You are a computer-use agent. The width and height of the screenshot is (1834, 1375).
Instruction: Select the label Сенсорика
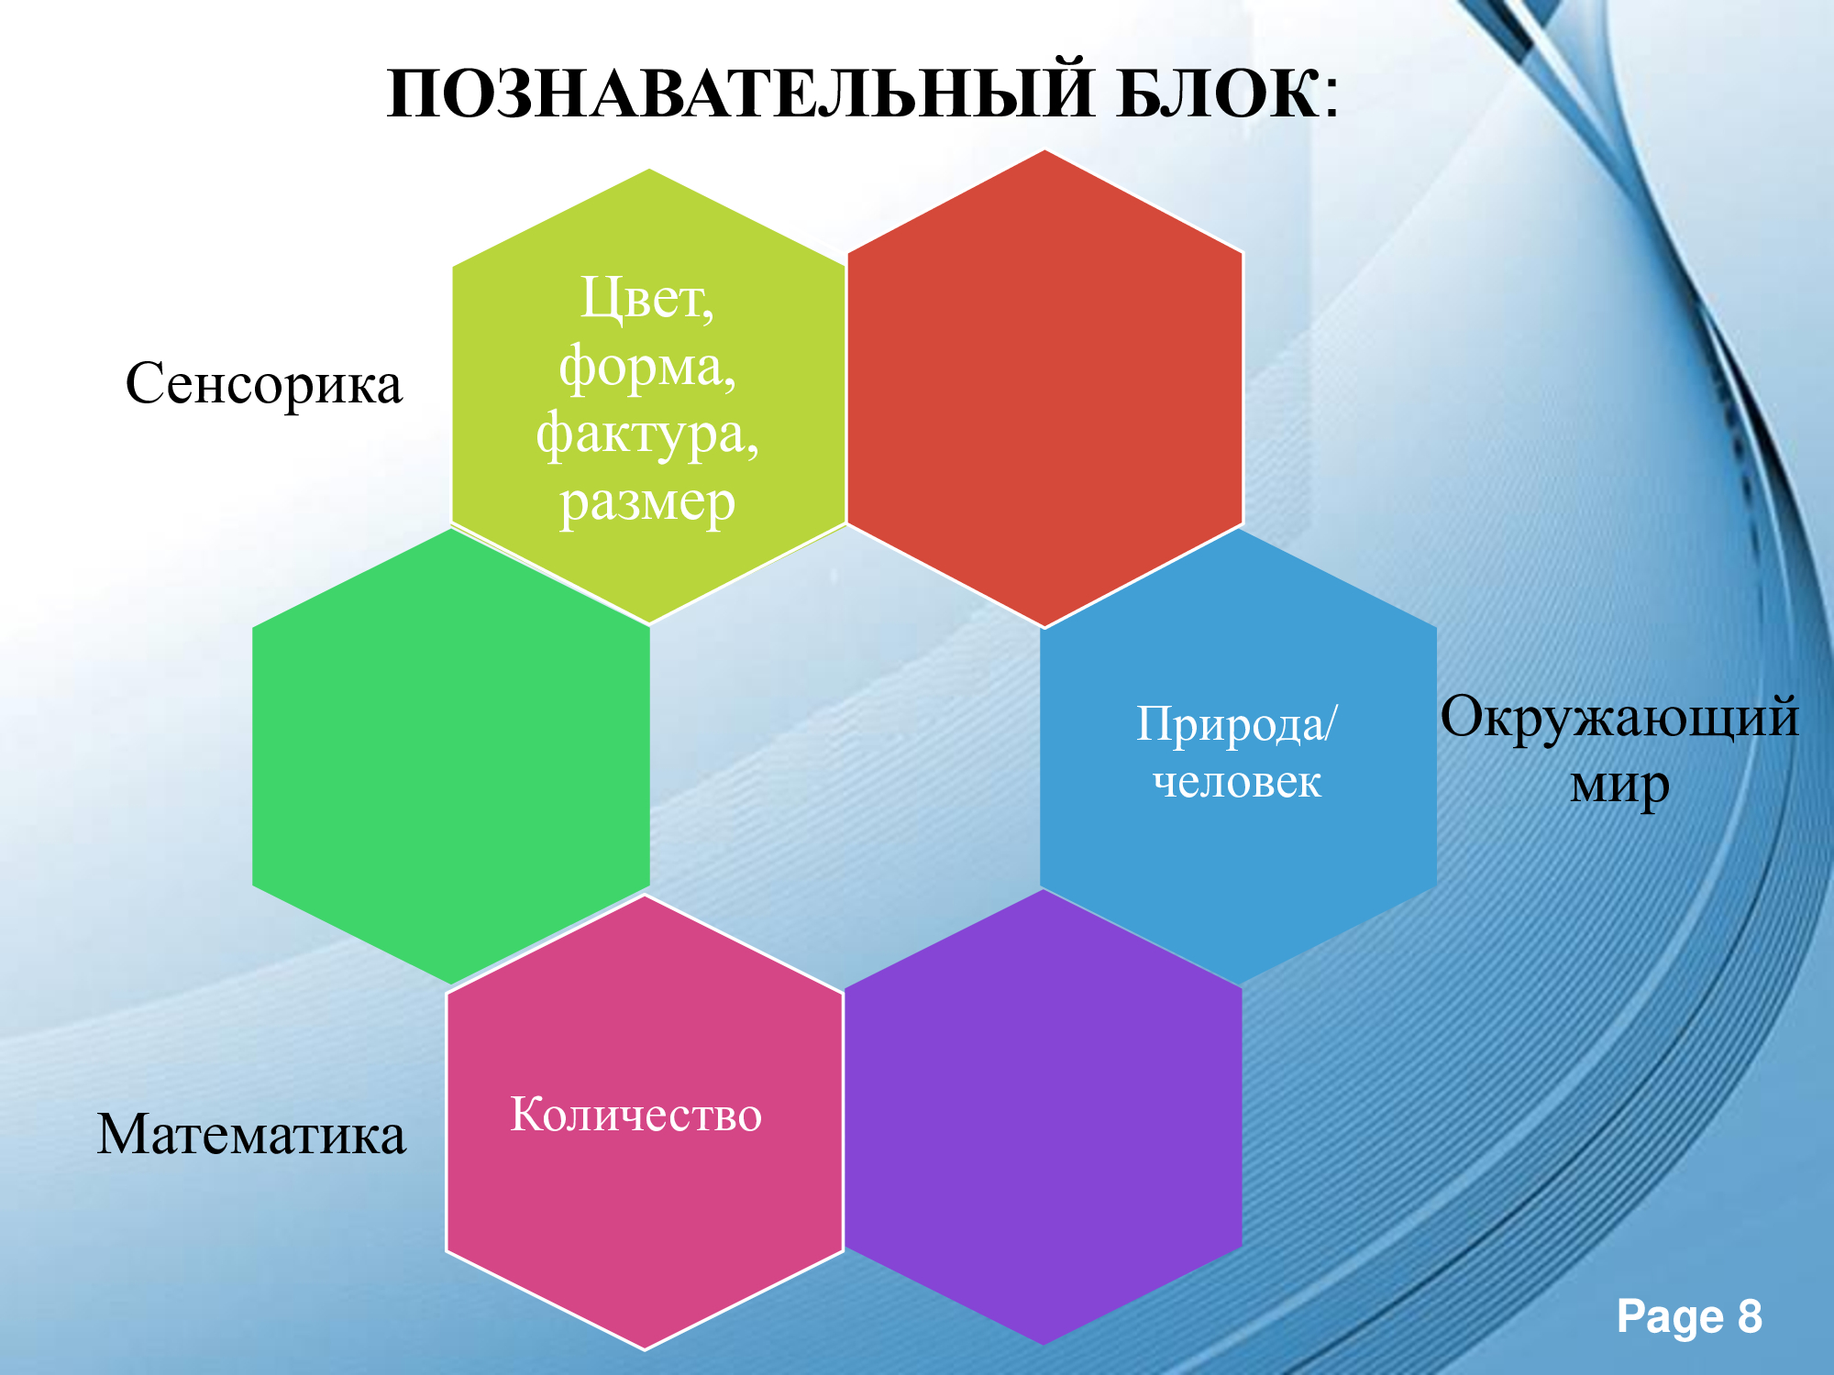(x=264, y=383)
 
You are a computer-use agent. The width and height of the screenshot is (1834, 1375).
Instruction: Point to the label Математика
(x=251, y=1134)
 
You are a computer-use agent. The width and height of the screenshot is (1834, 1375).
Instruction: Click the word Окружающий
(x=1619, y=717)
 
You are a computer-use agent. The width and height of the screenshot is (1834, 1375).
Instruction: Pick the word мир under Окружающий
(x=1619, y=785)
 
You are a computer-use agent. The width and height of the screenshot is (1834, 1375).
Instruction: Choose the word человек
(x=1237, y=782)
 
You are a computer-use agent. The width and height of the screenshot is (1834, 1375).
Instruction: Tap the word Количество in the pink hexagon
(x=635, y=1115)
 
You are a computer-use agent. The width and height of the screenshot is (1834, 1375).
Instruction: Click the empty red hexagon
(x=1044, y=389)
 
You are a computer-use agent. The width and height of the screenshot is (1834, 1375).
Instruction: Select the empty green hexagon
(x=451, y=757)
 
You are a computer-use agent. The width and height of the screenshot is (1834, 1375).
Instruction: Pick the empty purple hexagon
(x=1044, y=1117)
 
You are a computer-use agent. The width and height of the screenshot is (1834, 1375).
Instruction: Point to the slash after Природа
(x=1331, y=723)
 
